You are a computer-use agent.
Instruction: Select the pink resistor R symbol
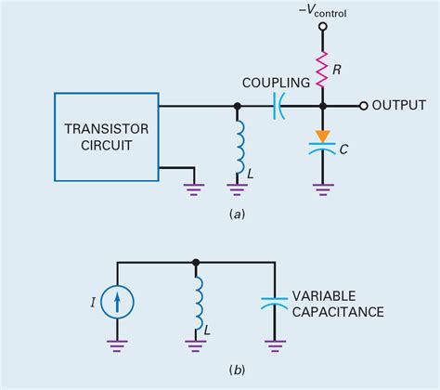(x=321, y=67)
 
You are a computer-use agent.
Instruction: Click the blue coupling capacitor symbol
(x=277, y=106)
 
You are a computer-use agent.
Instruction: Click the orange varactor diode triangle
(x=321, y=135)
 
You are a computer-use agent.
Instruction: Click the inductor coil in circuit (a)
(x=239, y=151)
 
